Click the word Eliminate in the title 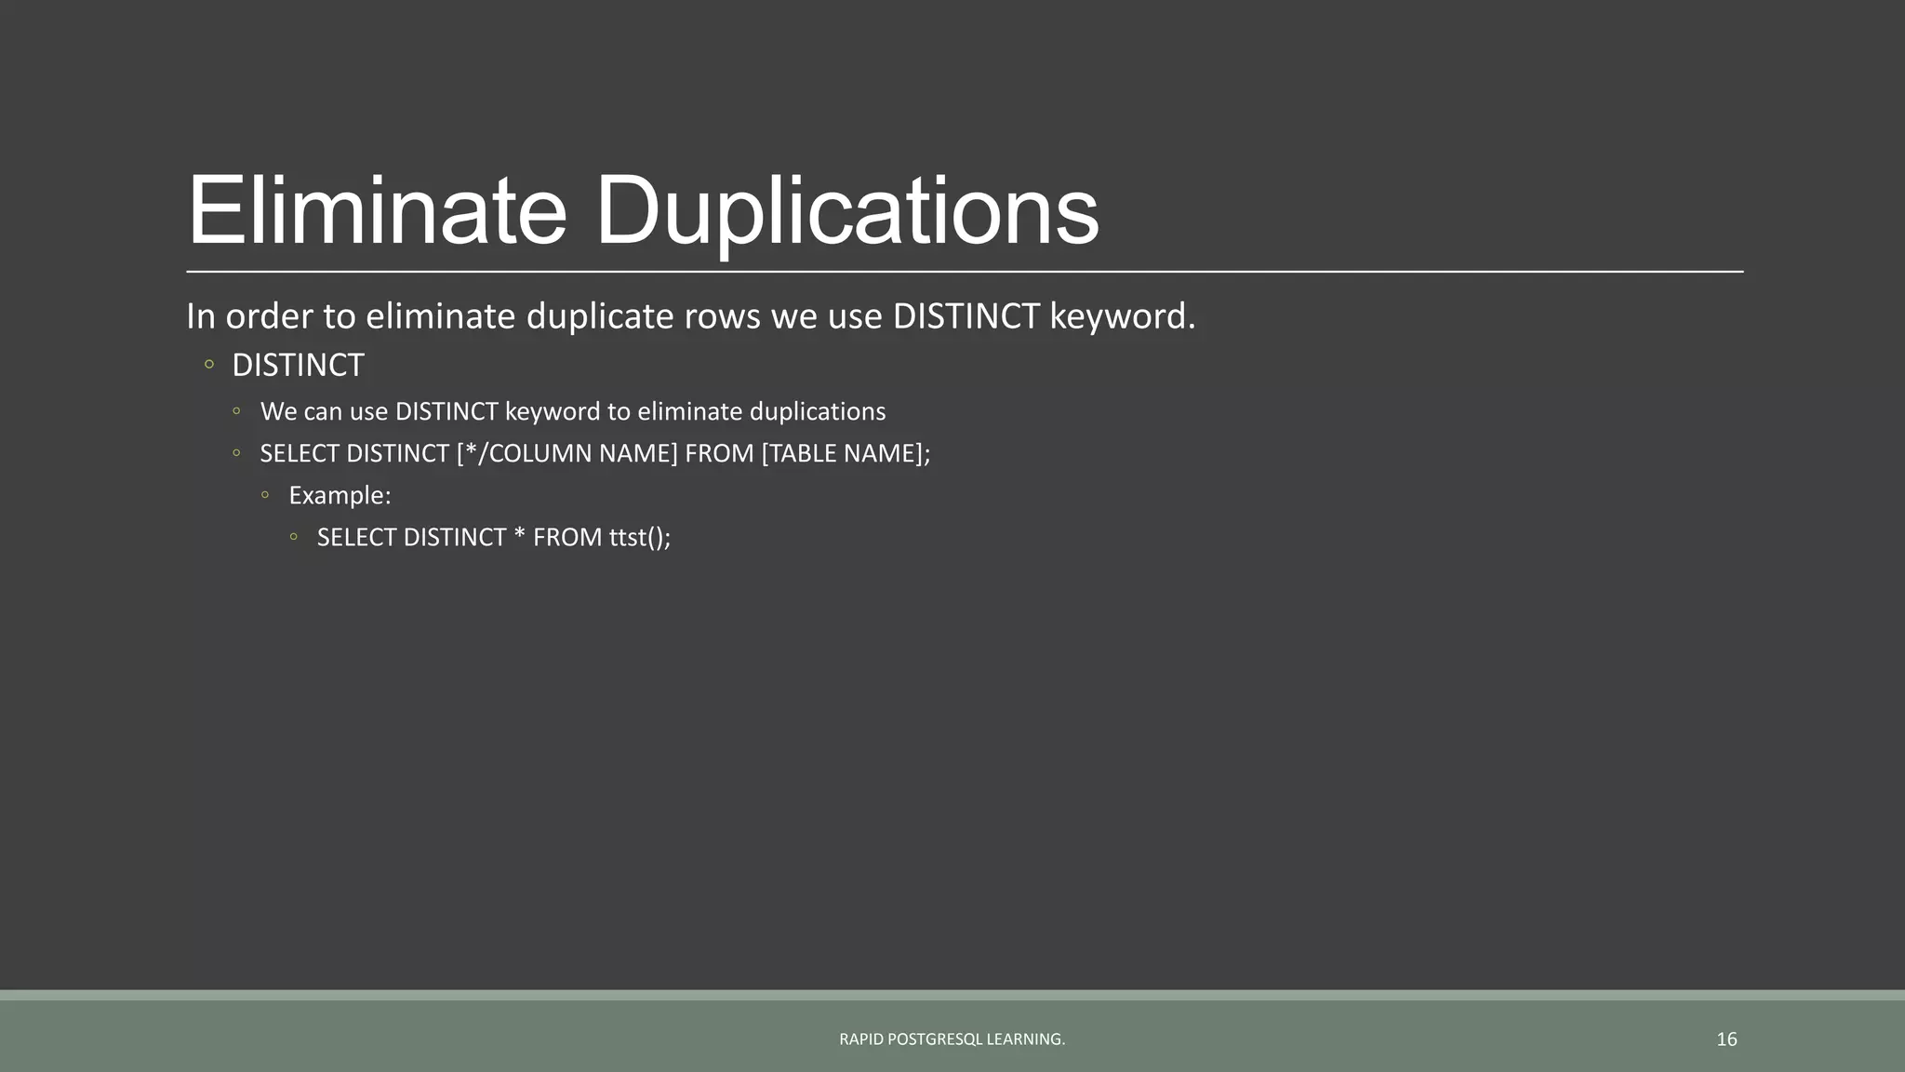pos(377,211)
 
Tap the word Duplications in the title pos(846,211)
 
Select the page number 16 pos(1726,1039)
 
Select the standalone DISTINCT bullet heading pos(298,366)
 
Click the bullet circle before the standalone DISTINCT pos(209,365)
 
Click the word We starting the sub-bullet pos(278,411)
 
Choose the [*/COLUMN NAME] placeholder pos(566,453)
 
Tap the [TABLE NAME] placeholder pos(843,453)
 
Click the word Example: pos(340,495)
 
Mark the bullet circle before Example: pos(265,495)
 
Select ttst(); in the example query pos(640,538)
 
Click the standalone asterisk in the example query pos(519,536)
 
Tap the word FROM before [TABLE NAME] pos(719,453)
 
